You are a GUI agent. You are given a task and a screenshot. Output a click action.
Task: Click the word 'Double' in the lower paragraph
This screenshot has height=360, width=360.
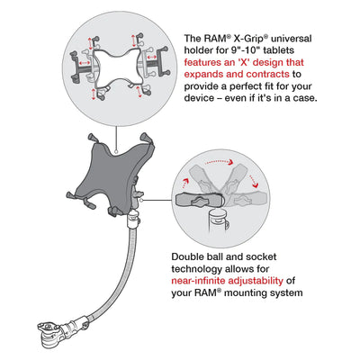(x=191, y=257)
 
